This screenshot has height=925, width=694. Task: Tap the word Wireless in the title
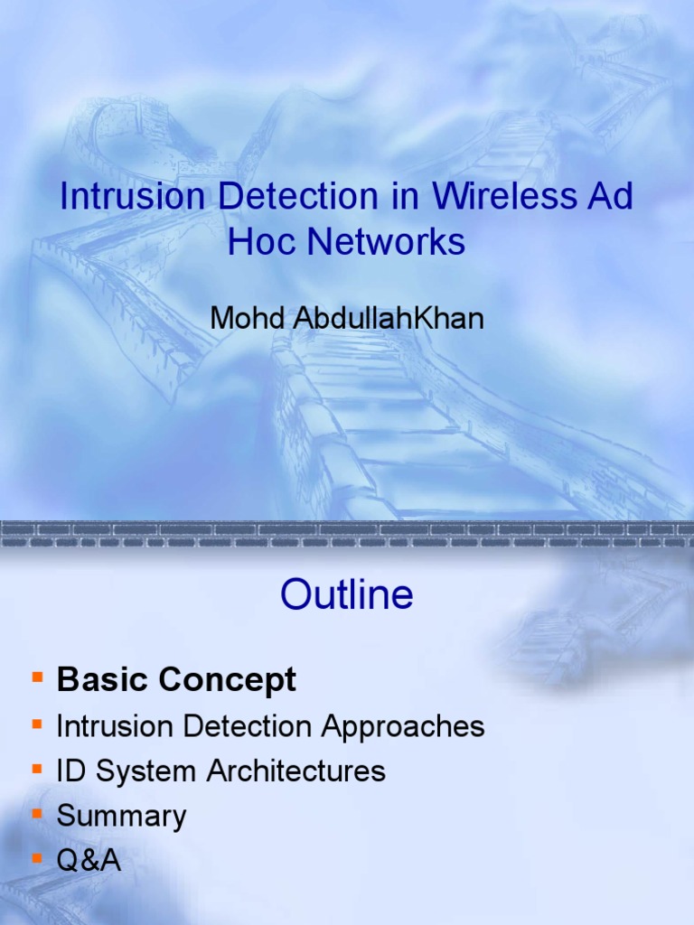click(x=485, y=198)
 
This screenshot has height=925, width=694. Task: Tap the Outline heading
click(x=347, y=594)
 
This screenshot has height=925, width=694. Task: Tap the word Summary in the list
click(x=121, y=817)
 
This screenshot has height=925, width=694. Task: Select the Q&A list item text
click(x=89, y=861)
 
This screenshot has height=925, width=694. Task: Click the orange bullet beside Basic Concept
click(x=37, y=677)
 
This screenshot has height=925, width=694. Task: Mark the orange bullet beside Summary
click(x=37, y=814)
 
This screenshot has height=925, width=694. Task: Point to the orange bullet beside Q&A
click(x=37, y=858)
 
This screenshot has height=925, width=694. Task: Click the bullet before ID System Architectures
click(x=37, y=769)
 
